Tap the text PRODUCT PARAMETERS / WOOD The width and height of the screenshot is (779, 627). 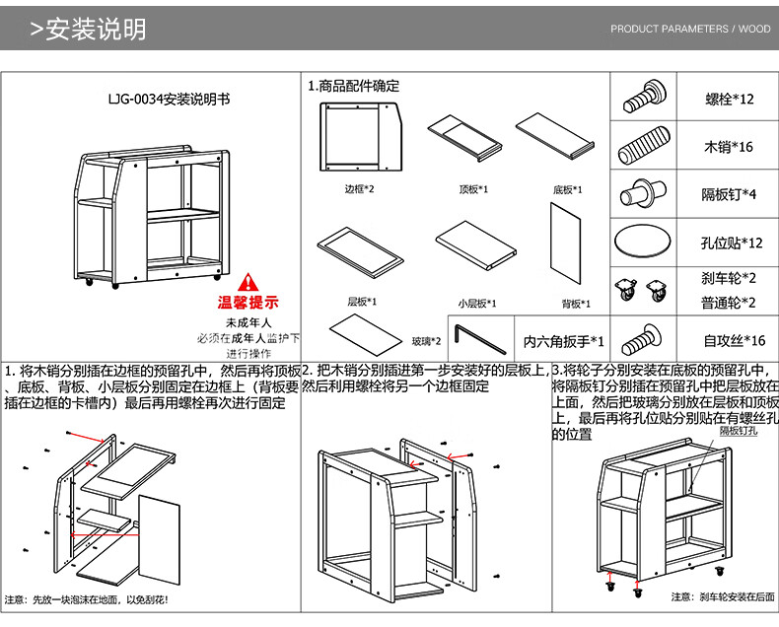tap(690, 30)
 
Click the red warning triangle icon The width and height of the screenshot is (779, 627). tap(247, 282)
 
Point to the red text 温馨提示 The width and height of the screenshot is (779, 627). tap(248, 303)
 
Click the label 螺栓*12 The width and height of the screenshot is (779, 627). tap(730, 100)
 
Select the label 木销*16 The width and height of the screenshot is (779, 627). tap(729, 148)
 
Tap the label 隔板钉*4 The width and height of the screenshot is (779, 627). tap(728, 194)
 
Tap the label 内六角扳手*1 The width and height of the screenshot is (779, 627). tap(563, 342)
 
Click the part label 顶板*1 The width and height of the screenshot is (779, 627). tap(474, 189)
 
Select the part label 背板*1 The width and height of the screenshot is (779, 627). tap(576, 304)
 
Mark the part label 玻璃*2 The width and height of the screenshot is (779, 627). tap(426, 342)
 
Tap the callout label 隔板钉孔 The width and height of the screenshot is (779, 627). tap(738, 431)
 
